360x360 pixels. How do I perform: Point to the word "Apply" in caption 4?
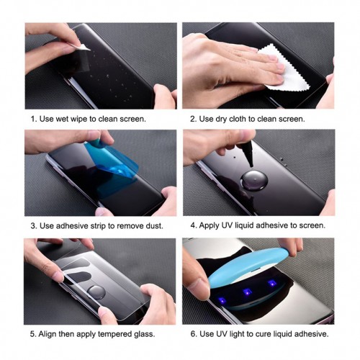212,225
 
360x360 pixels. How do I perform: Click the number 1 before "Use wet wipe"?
32,118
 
